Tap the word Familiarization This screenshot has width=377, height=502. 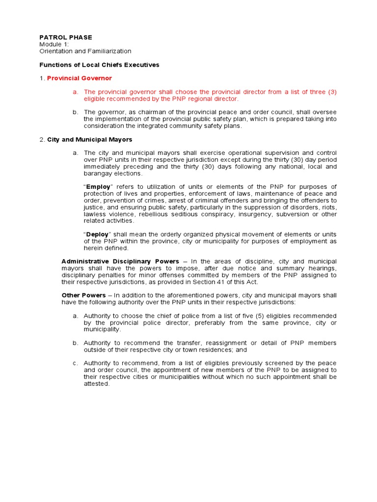click(108, 51)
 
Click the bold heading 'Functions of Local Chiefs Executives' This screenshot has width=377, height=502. click(99, 65)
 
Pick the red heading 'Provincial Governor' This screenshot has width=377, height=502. click(80, 78)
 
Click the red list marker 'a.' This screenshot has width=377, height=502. click(75, 92)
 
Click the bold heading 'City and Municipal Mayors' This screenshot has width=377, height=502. click(89, 140)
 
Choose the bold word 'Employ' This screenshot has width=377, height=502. click(99, 187)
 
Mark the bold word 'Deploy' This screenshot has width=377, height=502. click(98, 234)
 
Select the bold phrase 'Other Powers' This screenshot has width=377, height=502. click(83, 295)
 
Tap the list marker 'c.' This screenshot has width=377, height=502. click(75, 363)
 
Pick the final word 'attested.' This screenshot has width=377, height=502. click(97, 384)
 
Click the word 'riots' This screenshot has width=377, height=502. click(329, 207)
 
